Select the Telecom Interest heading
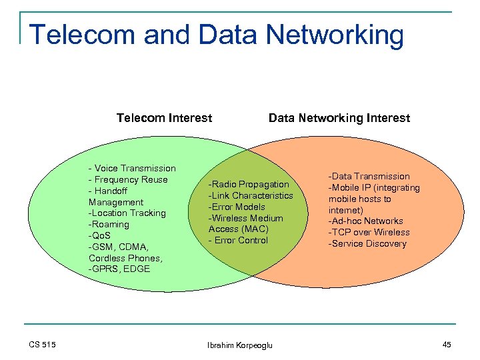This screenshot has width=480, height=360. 164,118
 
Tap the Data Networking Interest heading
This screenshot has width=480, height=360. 339,118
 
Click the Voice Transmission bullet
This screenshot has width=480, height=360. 132,168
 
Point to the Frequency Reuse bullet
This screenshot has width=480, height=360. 128,179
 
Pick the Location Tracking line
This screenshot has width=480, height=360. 127,213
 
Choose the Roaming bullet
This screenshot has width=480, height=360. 108,224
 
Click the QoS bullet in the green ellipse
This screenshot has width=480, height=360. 99,235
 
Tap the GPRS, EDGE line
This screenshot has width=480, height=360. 119,269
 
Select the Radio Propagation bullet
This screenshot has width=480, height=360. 249,184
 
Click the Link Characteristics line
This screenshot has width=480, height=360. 251,195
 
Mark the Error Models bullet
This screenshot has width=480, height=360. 237,207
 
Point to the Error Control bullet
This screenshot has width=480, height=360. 238,240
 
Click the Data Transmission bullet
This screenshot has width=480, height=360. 368,176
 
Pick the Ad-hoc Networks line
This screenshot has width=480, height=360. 365,221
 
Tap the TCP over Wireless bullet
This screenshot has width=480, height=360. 368,232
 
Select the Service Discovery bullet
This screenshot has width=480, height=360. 367,243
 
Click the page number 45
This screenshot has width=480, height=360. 446,344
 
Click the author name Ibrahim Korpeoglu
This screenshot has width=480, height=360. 239,345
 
